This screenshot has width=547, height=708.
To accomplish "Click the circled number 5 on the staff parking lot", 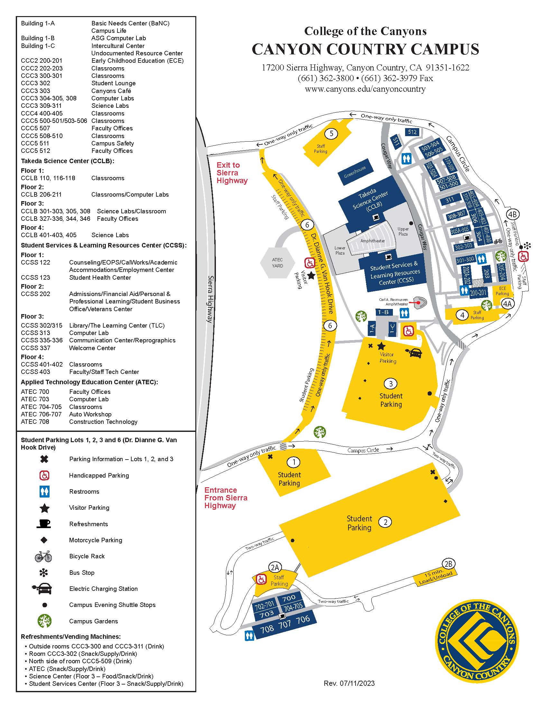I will (x=331, y=133).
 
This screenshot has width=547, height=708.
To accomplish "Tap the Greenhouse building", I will (x=355, y=172).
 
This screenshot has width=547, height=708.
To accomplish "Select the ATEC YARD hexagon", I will (x=277, y=263).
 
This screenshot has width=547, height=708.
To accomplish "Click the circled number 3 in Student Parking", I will (x=391, y=384).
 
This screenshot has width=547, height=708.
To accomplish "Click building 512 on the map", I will (x=412, y=132).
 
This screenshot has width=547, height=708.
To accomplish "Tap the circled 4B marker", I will (x=512, y=214).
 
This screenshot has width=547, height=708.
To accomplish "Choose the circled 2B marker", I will (x=448, y=564).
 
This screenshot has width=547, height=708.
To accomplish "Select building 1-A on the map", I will (x=372, y=329).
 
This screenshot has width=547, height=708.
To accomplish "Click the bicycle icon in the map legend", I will (x=43, y=556).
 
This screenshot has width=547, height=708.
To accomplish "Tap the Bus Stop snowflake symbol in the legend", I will (x=44, y=573).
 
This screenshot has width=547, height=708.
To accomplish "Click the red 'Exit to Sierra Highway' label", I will (x=232, y=173).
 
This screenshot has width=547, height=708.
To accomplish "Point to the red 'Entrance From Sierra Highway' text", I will (x=226, y=498).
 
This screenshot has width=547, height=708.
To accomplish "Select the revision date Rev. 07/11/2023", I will (x=349, y=684).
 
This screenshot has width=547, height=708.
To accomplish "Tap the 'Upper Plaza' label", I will (x=403, y=231).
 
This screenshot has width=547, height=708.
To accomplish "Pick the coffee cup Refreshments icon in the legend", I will (x=44, y=524).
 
